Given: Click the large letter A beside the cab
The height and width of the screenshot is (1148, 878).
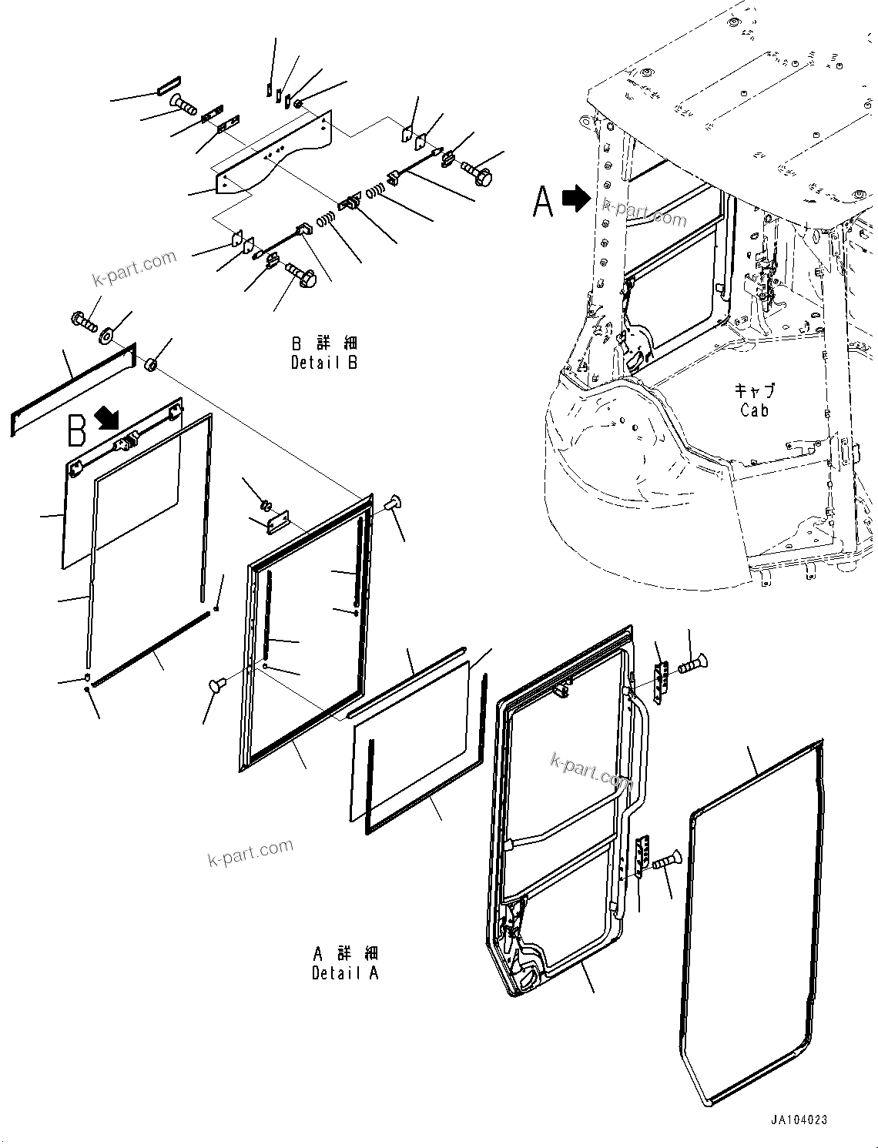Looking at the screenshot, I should [544, 202].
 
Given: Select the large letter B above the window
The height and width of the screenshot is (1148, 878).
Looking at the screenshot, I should [77, 431].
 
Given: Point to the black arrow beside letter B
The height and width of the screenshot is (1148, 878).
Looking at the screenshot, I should [107, 419].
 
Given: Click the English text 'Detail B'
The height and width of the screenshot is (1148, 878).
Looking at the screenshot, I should [323, 362].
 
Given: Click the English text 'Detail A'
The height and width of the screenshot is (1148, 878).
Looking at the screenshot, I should [345, 973].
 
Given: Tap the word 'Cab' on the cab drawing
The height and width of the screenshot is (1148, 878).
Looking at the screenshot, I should [754, 410].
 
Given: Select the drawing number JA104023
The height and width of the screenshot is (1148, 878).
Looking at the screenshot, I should [796, 1120].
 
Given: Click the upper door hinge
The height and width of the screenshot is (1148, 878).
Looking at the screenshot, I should [660, 681].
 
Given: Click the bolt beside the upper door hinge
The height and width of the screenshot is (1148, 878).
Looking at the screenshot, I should [692, 663].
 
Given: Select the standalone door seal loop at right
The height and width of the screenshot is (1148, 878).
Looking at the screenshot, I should [751, 924].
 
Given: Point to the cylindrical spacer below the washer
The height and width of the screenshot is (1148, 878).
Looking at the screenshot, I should [152, 363].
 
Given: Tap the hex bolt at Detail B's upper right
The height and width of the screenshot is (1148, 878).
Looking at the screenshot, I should [478, 172].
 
